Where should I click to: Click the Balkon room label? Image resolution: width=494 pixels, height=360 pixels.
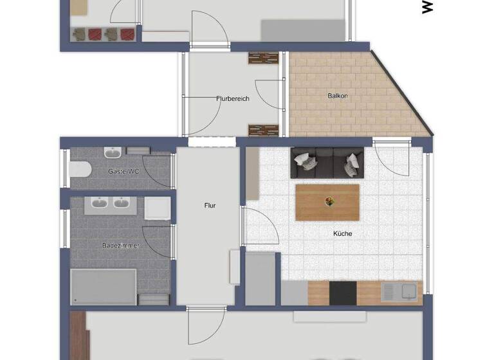[338, 96]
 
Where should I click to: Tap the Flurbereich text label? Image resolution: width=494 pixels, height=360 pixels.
[232, 99]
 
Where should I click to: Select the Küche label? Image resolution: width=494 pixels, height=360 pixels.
[342, 234]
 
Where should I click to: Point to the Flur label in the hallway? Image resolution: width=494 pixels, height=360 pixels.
[210, 206]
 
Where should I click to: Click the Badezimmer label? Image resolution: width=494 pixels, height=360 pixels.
[118, 245]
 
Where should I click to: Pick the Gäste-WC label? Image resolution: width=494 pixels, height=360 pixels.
[123, 171]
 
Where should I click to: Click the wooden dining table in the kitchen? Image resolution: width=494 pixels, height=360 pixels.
[327, 202]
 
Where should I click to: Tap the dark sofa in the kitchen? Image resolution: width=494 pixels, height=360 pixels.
[327, 163]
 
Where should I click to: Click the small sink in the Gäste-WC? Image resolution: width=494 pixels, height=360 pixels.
[113, 153]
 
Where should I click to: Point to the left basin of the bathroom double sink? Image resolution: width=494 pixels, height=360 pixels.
[99, 204]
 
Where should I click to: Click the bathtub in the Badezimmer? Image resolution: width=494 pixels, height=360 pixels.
[104, 285]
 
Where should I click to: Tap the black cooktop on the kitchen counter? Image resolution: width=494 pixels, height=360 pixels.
[343, 293]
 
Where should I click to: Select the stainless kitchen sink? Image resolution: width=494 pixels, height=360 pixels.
[399, 292]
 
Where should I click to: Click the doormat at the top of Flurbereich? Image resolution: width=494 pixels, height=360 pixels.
[263, 58]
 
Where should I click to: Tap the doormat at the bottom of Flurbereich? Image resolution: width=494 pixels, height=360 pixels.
[263, 130]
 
